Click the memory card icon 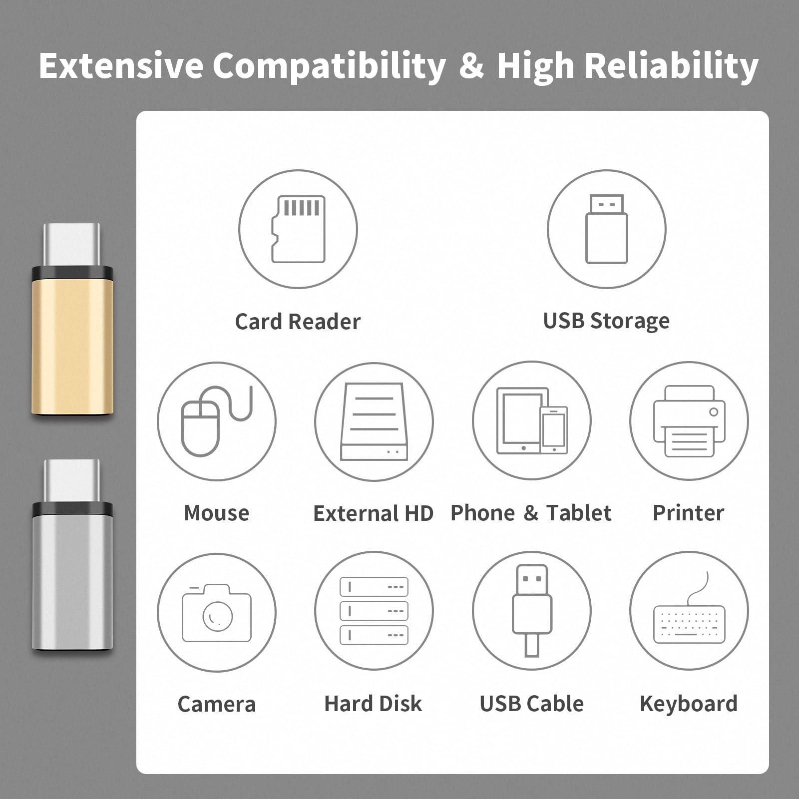coord(298,229)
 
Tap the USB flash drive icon coord(606,229)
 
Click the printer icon coord(689,421)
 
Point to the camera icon coord(217,613)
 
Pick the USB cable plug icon coord(532,610)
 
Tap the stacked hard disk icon coord(374,611)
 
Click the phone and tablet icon coord(532,420)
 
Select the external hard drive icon coord(374,421)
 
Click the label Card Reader coord(298,322)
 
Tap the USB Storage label coord(606,321)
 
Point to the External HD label coord(374,513)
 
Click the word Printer coord(689,513)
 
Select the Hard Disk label coord(373,704)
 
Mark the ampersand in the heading coord(471,65)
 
